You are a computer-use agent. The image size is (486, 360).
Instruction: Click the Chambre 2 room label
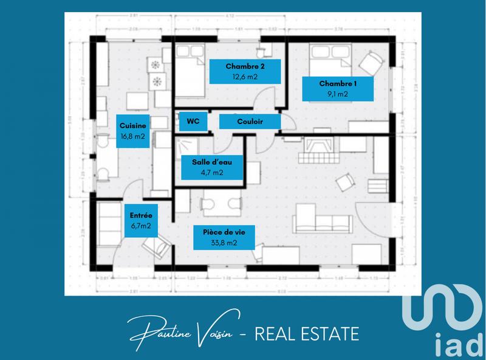click(x=245, y=71)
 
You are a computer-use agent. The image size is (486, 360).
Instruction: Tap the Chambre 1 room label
click(x=338, y=88)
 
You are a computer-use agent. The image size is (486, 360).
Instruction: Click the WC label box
click(x=193, y=122)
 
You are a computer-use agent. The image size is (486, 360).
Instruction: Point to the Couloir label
click(x=250, y=122)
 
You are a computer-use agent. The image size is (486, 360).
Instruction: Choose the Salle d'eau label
click(x=213, y=167)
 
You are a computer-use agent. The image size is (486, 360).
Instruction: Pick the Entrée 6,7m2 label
click(x=140, y=220)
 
